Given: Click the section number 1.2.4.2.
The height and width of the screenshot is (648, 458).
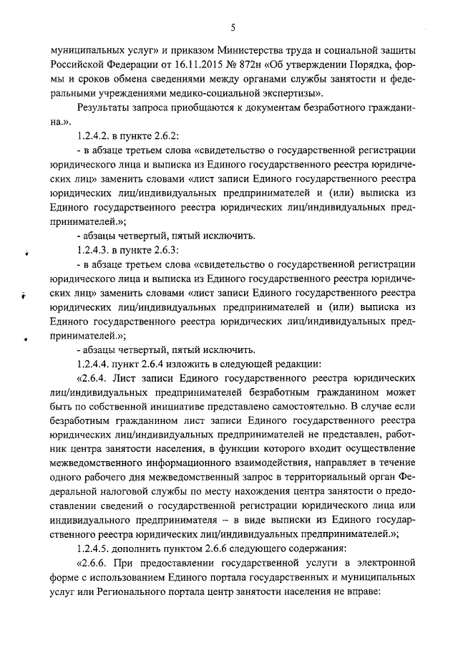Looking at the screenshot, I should point(93,136).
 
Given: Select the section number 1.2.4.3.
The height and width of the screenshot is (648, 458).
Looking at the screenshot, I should point(93,251).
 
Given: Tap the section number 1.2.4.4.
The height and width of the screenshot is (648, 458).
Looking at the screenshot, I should point(93,363).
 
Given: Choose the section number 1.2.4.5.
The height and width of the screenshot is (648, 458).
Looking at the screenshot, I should point(93,547).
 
